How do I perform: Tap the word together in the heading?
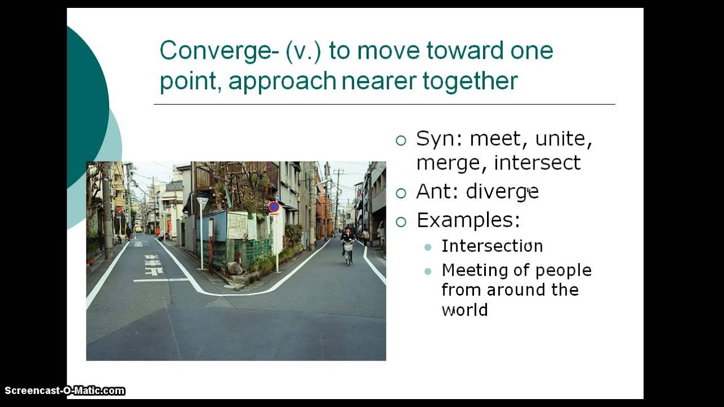[x=470, y=81]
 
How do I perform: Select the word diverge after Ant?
[x=502, y=193]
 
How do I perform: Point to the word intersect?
[x=537, y=163]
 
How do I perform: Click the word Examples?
[x=468, y=220]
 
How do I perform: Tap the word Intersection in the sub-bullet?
[x=492, y=246]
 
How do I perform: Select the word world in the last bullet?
[x=464, y=310]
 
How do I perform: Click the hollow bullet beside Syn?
[x=401, y=140]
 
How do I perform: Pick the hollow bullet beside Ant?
[x=401, y=193]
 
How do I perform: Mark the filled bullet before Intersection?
[x=428, y=247]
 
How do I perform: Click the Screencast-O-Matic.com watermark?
[x=64, y=391]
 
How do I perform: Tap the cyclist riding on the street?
[x=347, y=244]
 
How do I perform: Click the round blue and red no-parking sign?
[x=274, y=207]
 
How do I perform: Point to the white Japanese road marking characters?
[x=153, y=265]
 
